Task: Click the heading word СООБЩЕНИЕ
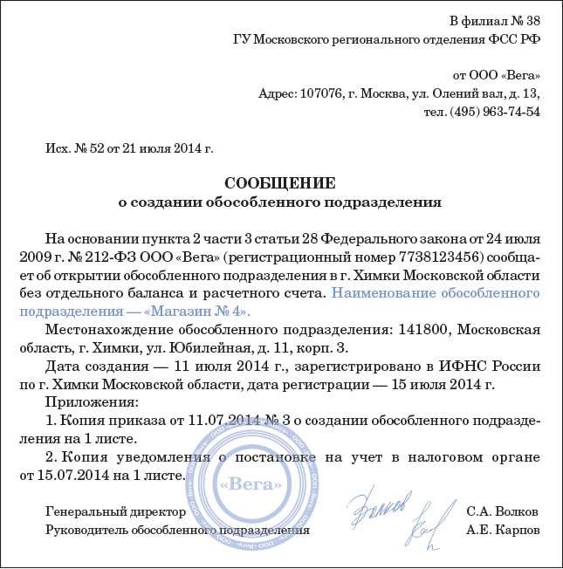280,183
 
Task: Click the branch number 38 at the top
532,20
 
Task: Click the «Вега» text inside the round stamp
251,483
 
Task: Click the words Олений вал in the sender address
463,93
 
